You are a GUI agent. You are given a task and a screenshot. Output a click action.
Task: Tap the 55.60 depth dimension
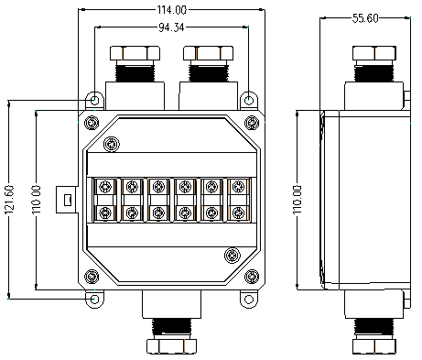click(x=369, y=18)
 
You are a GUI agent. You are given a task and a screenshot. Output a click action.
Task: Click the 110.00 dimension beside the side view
click(x=298, y=199)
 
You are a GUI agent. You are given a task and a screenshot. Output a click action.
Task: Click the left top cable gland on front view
click(x=135, y=62)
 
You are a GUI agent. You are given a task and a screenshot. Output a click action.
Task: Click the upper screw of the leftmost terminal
click(x=106, y=187)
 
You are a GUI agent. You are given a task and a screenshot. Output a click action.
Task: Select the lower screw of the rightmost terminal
click(x=238, y=213)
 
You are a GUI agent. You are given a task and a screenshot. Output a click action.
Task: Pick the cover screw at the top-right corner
click(x=252, y=123)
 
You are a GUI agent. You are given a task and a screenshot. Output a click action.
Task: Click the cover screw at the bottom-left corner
click(x=91, y=277)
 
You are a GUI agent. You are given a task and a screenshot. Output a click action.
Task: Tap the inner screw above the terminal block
click(x=112, y=145)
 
